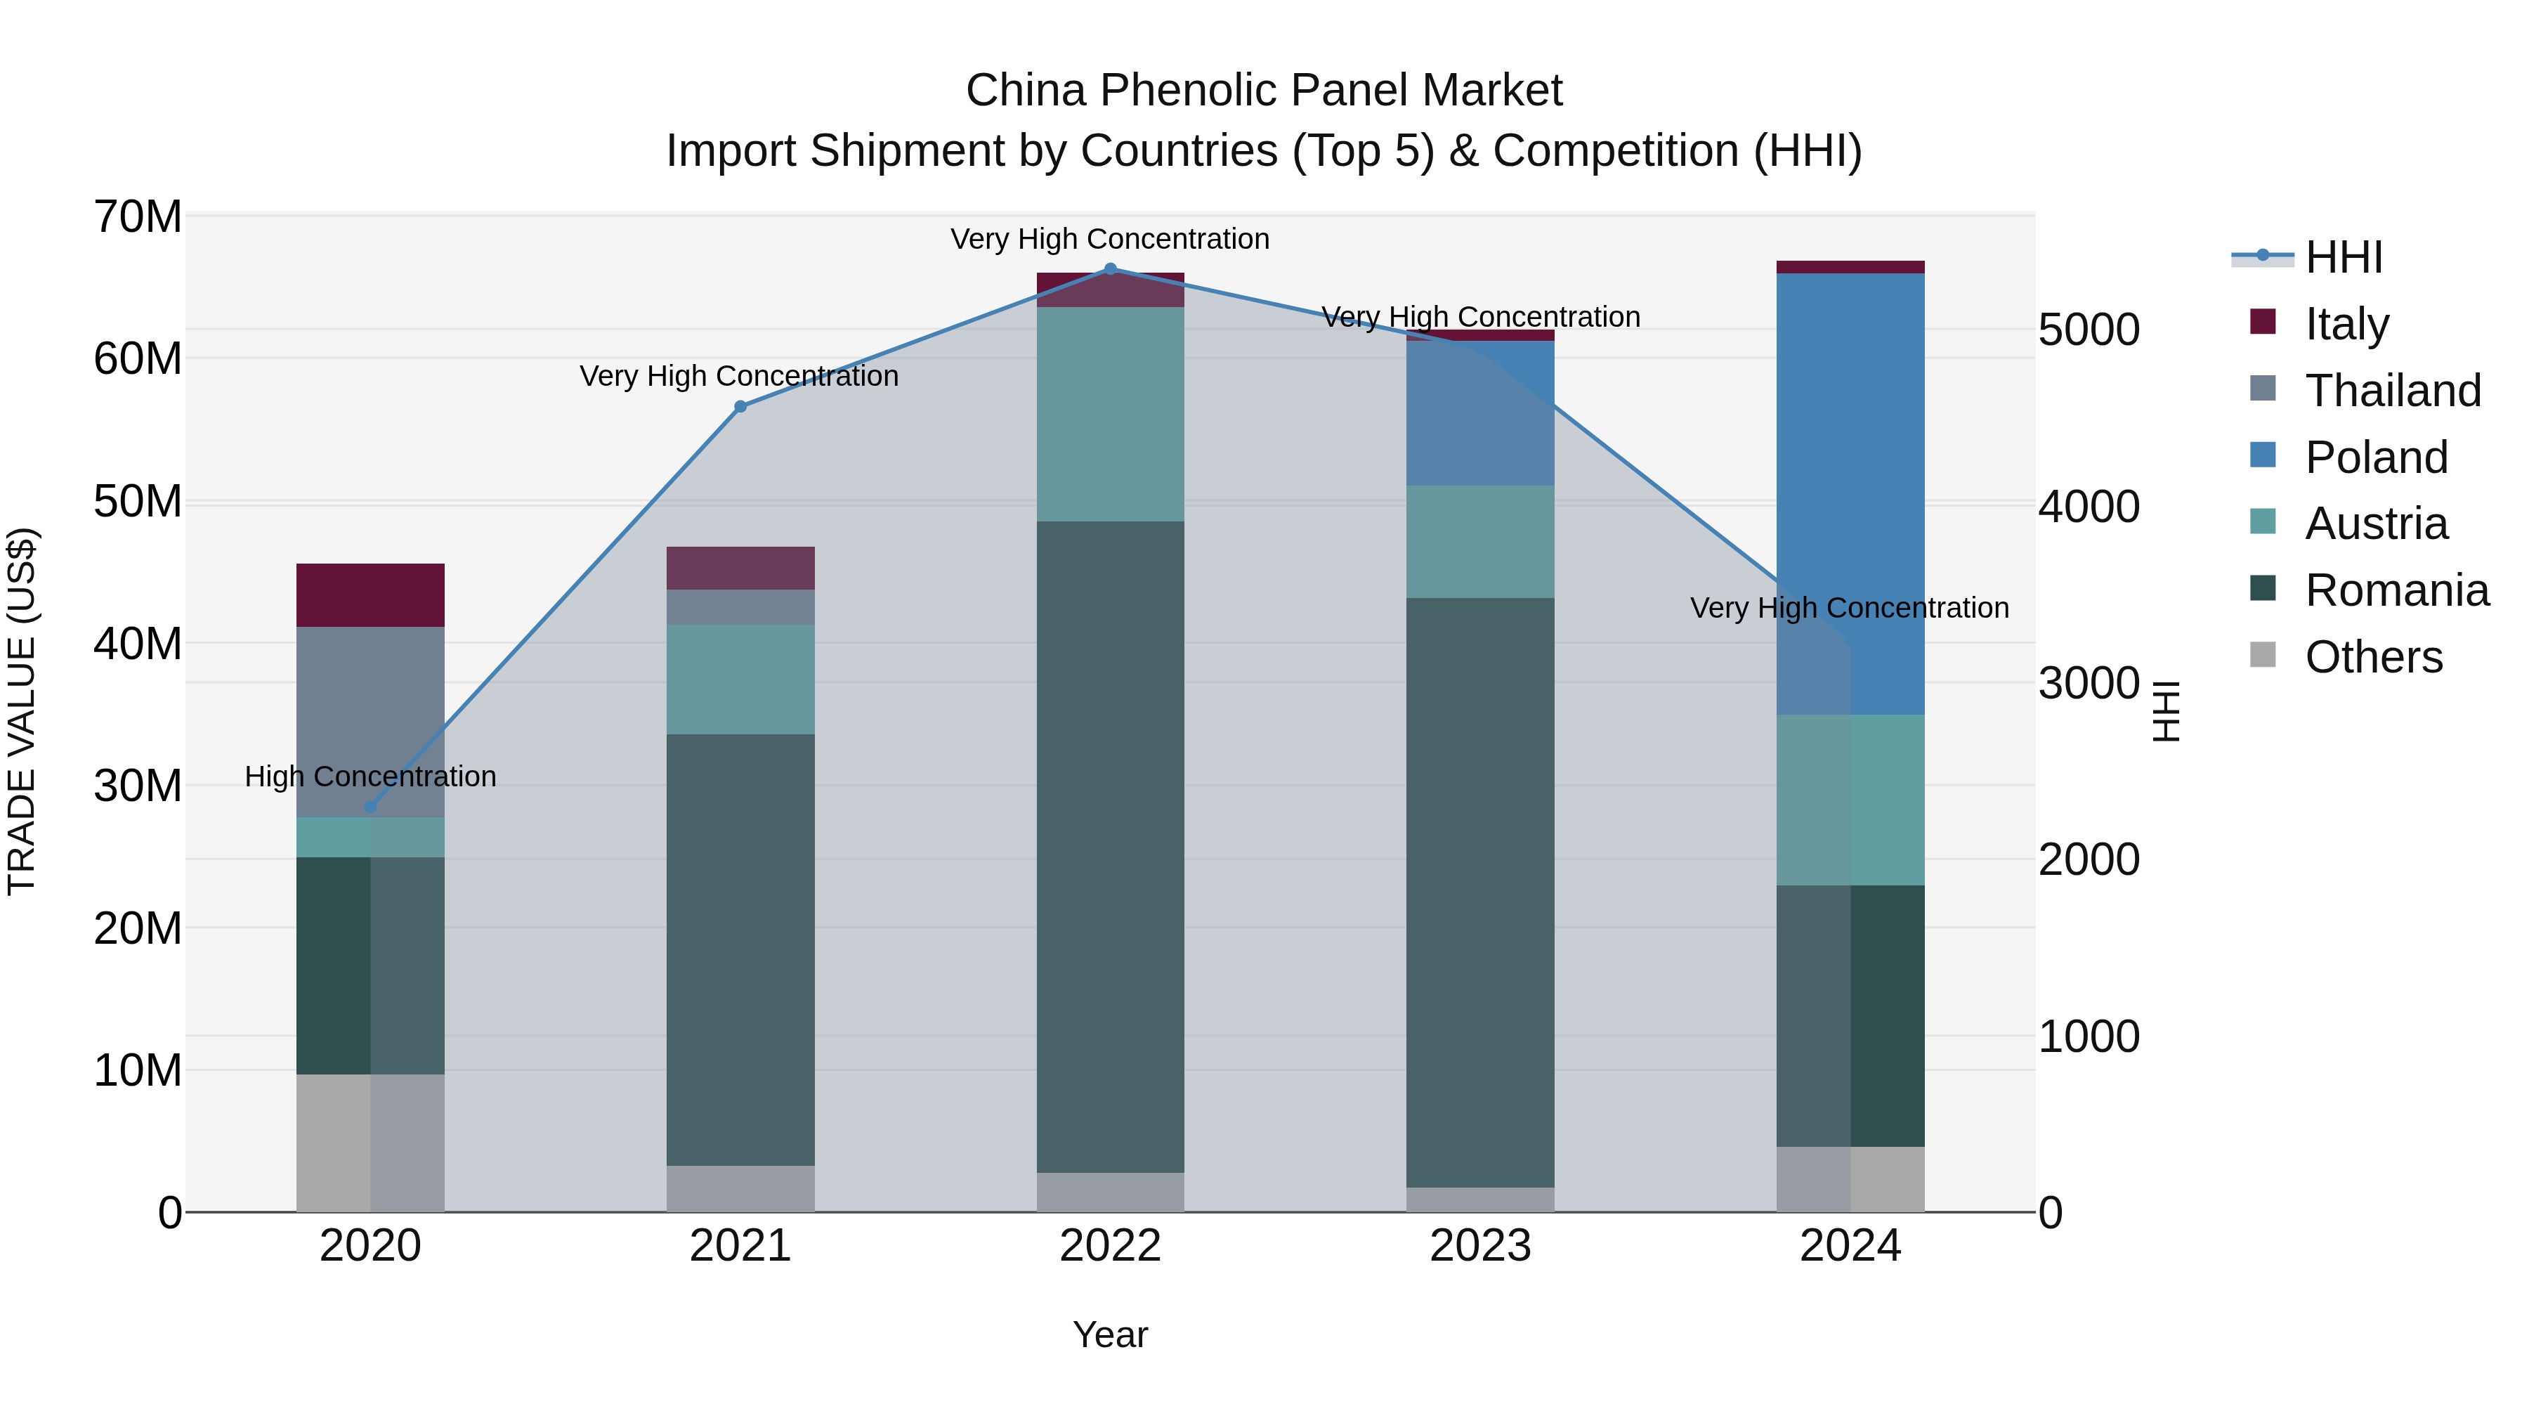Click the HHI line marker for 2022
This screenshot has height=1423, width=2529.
[1111, 269]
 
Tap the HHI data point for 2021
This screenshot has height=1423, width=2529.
[740, 407]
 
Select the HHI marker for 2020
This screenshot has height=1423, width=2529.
[370, 808]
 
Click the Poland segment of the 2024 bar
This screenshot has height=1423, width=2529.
[1850, 491]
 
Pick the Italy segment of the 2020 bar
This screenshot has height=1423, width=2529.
[370, 595]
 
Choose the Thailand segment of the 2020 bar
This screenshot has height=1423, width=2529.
[370, 722]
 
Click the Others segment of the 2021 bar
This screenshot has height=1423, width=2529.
[740, 1188]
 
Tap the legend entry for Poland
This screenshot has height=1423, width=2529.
[2376, 457]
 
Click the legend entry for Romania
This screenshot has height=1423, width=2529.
[2396, 591]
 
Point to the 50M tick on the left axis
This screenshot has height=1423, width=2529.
[138, 502]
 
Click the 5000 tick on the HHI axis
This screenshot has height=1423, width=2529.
[2089, 331]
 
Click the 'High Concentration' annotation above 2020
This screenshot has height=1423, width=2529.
[370, 777]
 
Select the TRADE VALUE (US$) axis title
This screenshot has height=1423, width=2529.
[22, 711]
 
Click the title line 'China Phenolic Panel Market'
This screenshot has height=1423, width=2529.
[1264, 91]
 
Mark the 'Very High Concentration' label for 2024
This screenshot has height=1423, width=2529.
[1850, 608]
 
